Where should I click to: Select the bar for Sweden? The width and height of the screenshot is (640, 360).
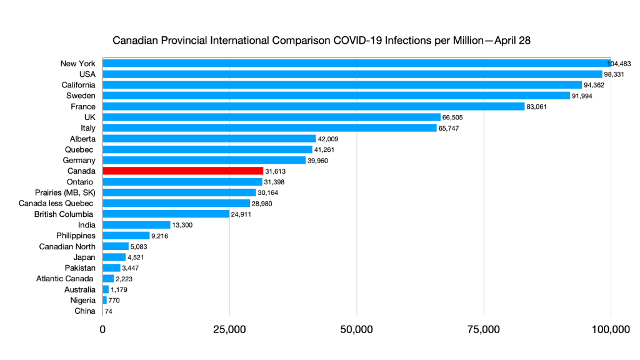(x=336, y=96)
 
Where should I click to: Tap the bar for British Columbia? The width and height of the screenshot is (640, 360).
(x=166, y=214)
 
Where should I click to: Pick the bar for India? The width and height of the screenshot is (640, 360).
(x=136, y=224)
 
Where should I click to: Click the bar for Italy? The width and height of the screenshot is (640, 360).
(x=269, y=128)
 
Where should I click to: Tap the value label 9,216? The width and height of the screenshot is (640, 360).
(x=162, y=236)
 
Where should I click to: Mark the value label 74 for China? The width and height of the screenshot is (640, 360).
(x=109, y=311)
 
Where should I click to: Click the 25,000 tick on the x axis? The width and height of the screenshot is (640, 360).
(x=229, y=329)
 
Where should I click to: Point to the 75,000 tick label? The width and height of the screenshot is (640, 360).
(x=483, y=329)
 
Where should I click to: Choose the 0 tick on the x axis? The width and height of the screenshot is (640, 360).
(x=102, y=329)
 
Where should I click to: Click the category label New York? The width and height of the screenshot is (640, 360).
(x=77, y=64)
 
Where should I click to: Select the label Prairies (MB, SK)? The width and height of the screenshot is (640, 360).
(x=64, y=192)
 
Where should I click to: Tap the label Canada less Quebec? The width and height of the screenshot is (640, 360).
(x=63, y=203)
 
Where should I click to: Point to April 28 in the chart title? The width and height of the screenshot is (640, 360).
(x=512, y=41)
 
